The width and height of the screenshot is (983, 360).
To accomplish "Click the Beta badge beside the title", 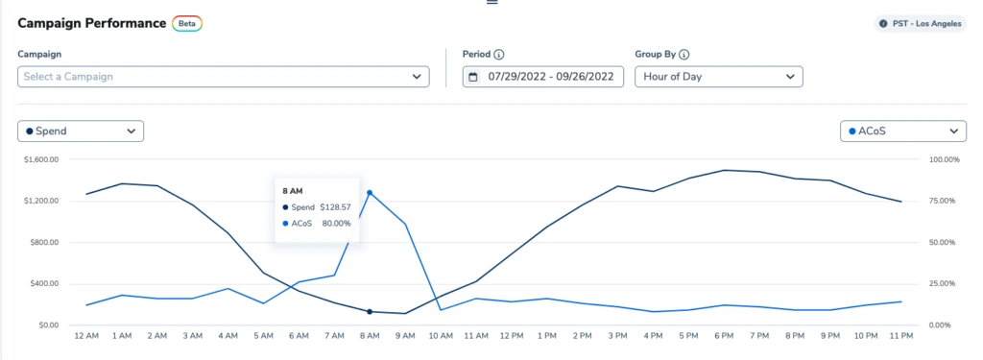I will pos(187,23).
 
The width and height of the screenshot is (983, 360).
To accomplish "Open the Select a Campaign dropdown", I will pos(224,77).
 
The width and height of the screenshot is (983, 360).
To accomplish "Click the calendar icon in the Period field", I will pos(473,77).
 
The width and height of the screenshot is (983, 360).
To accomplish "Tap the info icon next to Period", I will pos(500,55).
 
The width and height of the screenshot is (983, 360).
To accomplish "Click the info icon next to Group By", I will pos(684,55).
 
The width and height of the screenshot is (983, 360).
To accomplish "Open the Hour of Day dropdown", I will pos(718,77).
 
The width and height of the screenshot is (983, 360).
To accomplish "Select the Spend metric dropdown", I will pos(81,131).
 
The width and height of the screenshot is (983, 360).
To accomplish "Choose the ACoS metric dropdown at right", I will pos(902,131).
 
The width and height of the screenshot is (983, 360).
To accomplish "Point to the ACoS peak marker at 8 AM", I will pos(370,193).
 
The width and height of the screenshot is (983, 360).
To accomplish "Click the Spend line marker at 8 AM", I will pos(370,311).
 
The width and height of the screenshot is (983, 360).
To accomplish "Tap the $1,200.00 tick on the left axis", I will pos(41,201).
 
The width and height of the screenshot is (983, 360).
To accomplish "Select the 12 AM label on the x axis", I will pos(86,337).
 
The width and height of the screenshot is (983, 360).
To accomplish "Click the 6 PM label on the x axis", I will pos(725,337).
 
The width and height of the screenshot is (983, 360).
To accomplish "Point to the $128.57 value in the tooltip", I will pos(336,207).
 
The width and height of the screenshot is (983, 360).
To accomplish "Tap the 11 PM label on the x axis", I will pos(901,337).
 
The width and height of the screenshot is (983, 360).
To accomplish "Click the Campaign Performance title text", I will pos(91,23).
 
